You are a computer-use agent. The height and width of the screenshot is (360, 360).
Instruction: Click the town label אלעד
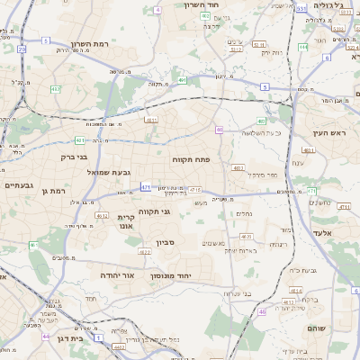click(x=322, y=232)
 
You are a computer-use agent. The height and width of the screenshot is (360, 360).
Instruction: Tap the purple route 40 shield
click(x=219, y=130)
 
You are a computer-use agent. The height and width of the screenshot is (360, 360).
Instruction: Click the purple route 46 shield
click(x=262, y=311)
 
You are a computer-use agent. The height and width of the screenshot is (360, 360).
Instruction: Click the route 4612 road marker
click(x=102, y=216)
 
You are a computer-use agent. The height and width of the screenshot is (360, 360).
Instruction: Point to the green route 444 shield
click(x=303, y=46)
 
